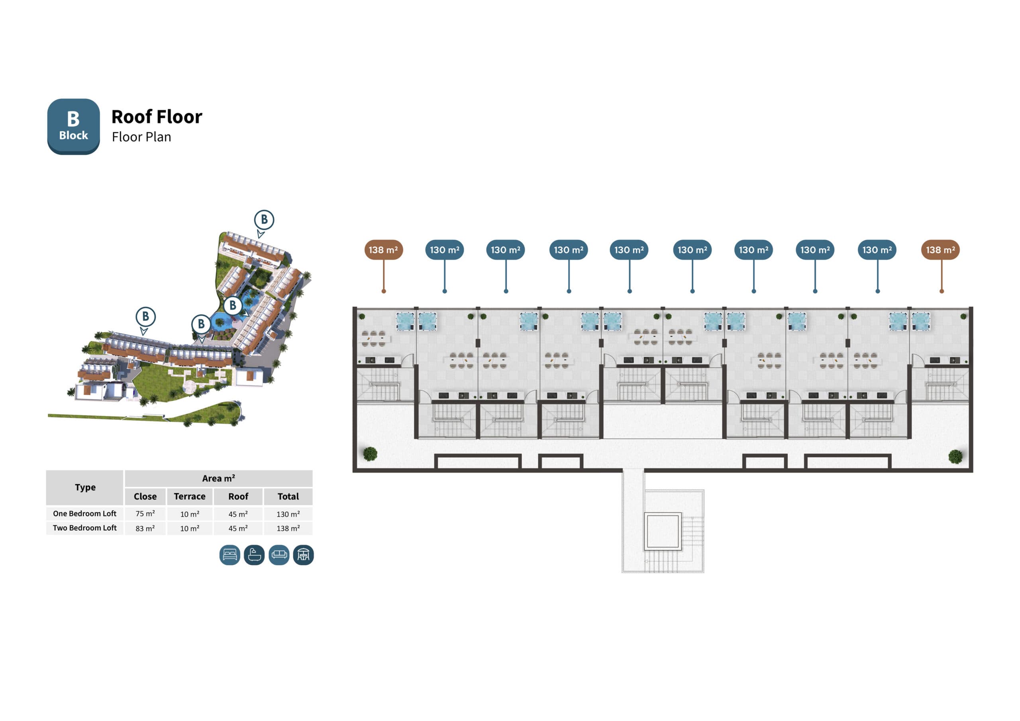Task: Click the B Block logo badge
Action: (73, 127)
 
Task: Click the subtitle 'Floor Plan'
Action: (141, 137)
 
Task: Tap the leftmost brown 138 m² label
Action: (383, 250)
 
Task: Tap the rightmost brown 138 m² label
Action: (940, 250)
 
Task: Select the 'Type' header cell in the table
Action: (85, 487)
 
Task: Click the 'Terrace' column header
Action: (190, 496)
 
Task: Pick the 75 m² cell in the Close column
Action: (145, 513)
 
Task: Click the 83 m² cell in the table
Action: (145, 528)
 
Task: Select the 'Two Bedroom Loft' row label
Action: (85, 528)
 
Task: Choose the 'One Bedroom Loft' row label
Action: (85, 513)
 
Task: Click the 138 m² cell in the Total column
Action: (288, 528)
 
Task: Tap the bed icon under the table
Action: (229, 555)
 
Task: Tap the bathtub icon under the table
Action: (254, 555)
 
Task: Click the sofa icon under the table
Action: (279, 555)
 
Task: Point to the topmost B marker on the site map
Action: (264, 219)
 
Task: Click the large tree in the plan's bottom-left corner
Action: (370, 454)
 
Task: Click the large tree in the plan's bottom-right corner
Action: (955, 456)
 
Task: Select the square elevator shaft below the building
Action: (662, 531)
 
